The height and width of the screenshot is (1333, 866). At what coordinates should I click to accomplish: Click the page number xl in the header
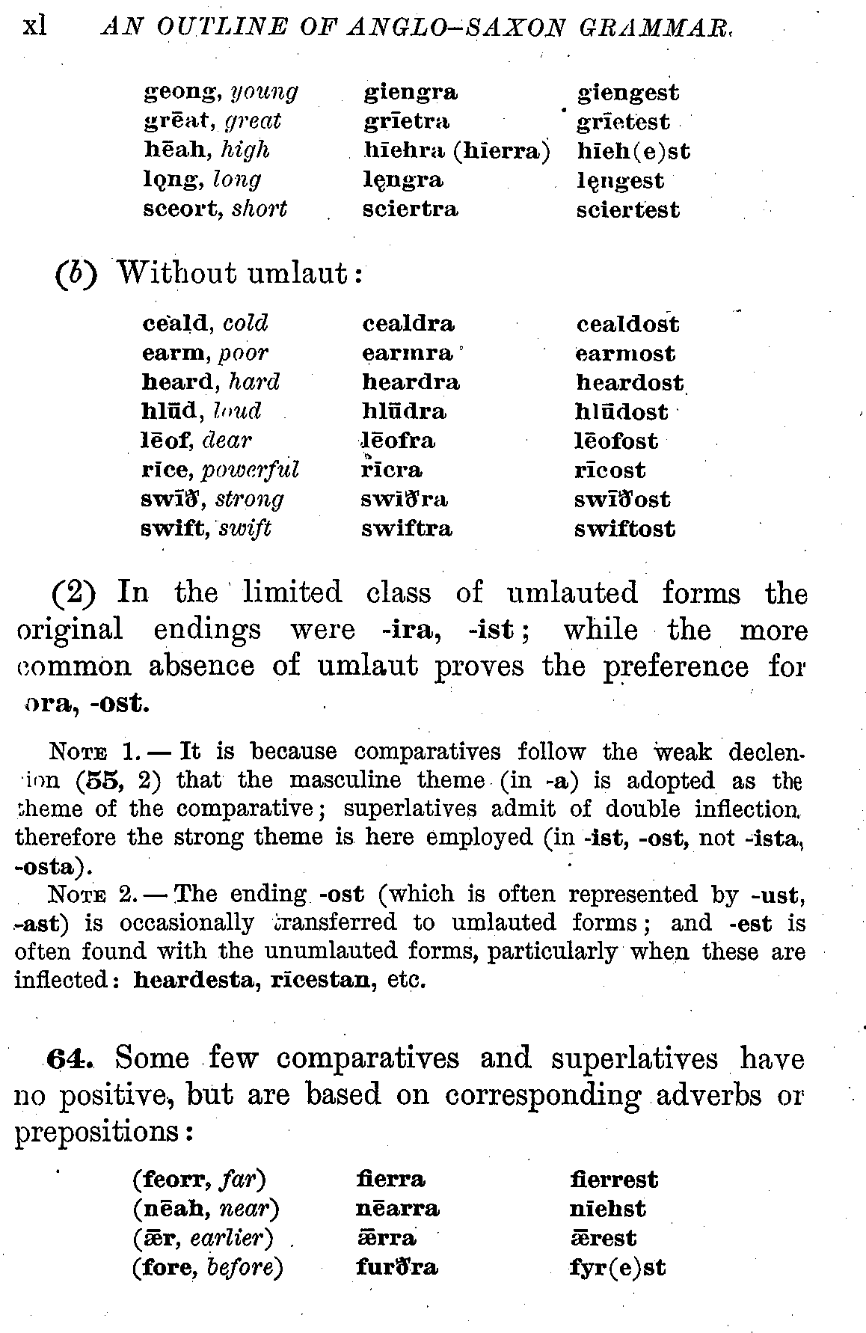34,26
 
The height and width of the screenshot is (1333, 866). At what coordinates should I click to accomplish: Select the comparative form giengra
411,93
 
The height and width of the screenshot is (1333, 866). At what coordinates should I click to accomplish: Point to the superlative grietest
623,122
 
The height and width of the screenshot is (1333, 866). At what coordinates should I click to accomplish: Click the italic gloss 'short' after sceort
259,209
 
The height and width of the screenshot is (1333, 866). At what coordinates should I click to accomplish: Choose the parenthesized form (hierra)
501,151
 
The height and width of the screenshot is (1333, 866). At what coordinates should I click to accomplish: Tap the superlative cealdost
627,325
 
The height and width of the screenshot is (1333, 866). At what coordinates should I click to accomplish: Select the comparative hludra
404,412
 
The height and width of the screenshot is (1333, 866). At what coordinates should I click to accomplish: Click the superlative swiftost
624,530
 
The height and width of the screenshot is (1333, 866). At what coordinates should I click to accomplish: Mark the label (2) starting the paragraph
74,594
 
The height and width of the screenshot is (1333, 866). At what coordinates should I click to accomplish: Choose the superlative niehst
607,1209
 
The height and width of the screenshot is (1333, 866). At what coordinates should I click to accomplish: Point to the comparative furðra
396,1268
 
